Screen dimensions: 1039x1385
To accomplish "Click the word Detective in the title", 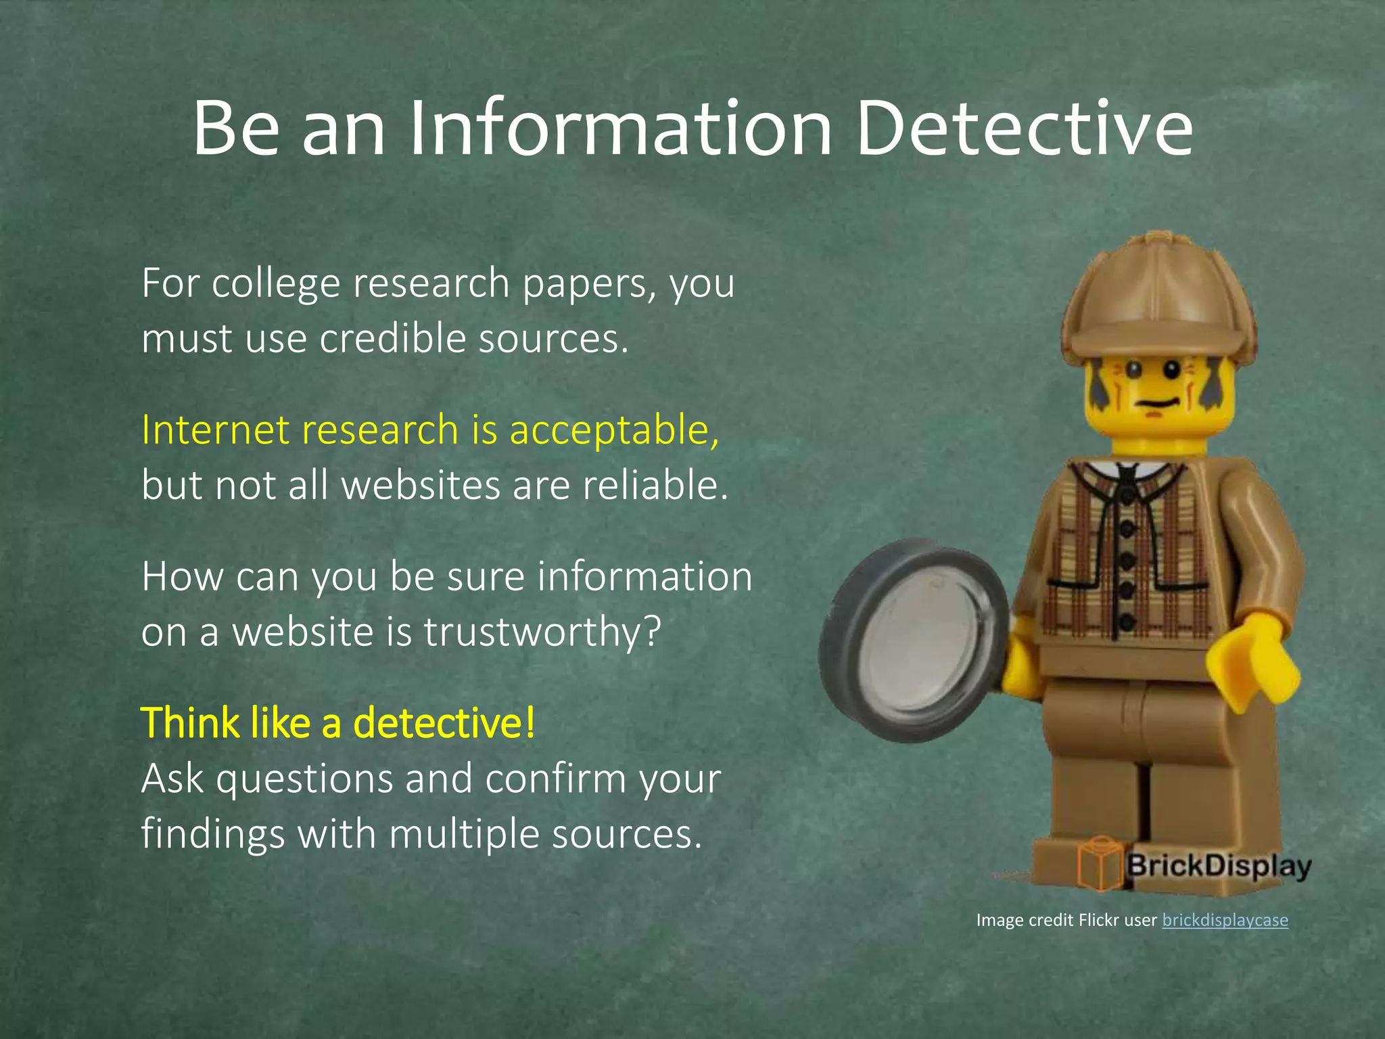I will point(1024,129).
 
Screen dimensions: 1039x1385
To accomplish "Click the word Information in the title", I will point(620,129).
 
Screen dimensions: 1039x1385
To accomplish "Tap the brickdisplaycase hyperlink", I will point(1225,920).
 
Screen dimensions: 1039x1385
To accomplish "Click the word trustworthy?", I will point(542,632).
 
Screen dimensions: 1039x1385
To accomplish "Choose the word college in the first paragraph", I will point(275,283).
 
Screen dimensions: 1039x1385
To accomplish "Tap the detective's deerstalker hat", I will point(1156,298).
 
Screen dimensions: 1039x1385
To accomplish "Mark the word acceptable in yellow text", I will point(613,431).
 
